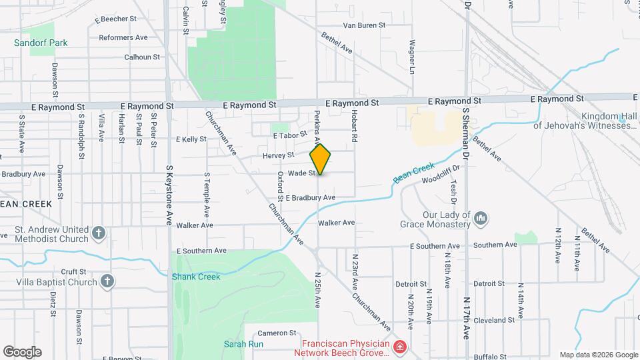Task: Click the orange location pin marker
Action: click(x=321, y=159)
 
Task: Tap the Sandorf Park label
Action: click(x=41, y=43)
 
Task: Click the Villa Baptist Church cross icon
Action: click(x=107, y=281)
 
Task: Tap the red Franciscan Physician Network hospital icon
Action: click(x=399, y=347)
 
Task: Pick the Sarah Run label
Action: click(x=243, y=344)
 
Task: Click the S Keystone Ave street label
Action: click(x=169, y=195)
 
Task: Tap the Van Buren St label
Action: click(x=364, y=25)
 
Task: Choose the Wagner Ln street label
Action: click(x=412, y=61)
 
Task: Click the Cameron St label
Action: click(x=277, y=333)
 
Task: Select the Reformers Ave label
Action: click(x=123, y=37)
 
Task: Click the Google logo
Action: click(x=22, y=351)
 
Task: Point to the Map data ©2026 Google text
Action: click(x=599, y=355)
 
